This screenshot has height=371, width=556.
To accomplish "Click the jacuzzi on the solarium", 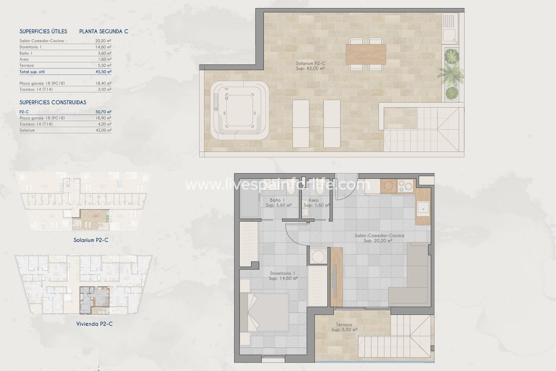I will (239, 110).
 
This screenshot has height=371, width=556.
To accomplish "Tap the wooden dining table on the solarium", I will (366, 54).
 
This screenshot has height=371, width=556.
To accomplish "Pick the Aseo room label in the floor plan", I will (313, 200).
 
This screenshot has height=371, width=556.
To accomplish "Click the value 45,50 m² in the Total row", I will (103, 72).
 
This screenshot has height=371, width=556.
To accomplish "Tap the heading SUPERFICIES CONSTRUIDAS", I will (53, 102).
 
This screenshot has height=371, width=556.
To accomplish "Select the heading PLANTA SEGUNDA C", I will (104, 31).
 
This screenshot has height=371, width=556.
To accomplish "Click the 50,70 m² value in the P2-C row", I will (103, 112).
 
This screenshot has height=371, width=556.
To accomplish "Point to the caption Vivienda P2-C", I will (94, 324).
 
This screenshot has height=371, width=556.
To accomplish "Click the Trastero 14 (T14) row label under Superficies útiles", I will (36, 89).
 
